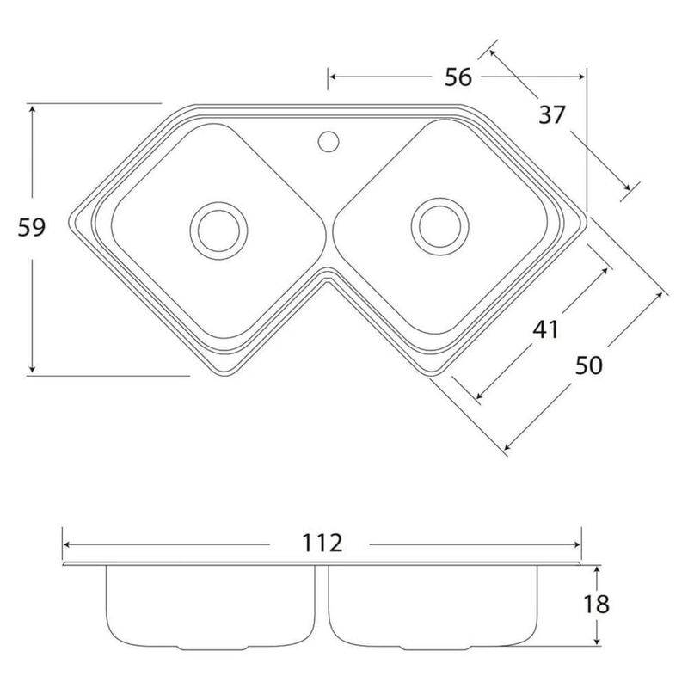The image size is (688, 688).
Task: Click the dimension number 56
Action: (x=458, y=77)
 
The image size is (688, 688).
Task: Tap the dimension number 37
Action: (x=552, y=115)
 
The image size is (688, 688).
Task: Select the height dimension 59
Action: (x=32, y=228)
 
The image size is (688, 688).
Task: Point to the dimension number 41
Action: (x=546, y=329)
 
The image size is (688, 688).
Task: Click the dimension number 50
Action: (x=589, y=365)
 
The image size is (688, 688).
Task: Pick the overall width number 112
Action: (x=322, y=544)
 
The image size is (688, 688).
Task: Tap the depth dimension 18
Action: (x=596, y=605)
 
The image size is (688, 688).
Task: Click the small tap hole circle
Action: (x=329, y=141)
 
